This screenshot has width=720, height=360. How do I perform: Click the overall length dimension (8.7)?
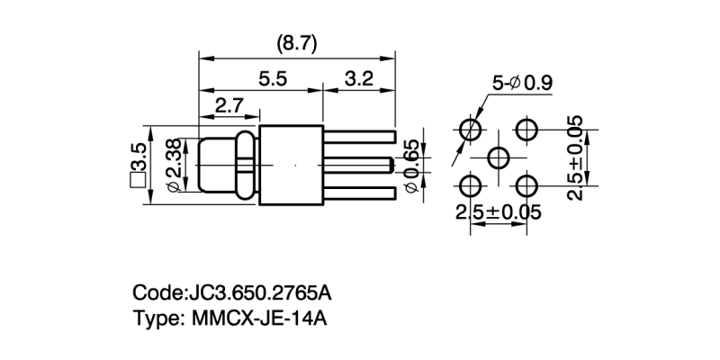(x=296, y=44)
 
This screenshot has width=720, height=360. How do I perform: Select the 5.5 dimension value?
(x=272, y=79)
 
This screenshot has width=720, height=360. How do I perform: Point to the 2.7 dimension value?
(x=229, y=105)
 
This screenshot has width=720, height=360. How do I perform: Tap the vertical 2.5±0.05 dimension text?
(x=576, y=157)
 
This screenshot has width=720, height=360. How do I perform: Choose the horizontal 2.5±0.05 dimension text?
(x=499, y=212)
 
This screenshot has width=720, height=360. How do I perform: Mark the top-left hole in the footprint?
(x=471, y=129)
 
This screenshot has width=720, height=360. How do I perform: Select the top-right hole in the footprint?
(x=528, y=129)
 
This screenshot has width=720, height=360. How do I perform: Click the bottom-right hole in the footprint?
(x=528, y=187)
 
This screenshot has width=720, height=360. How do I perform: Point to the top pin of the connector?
(x=364, y=136)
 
